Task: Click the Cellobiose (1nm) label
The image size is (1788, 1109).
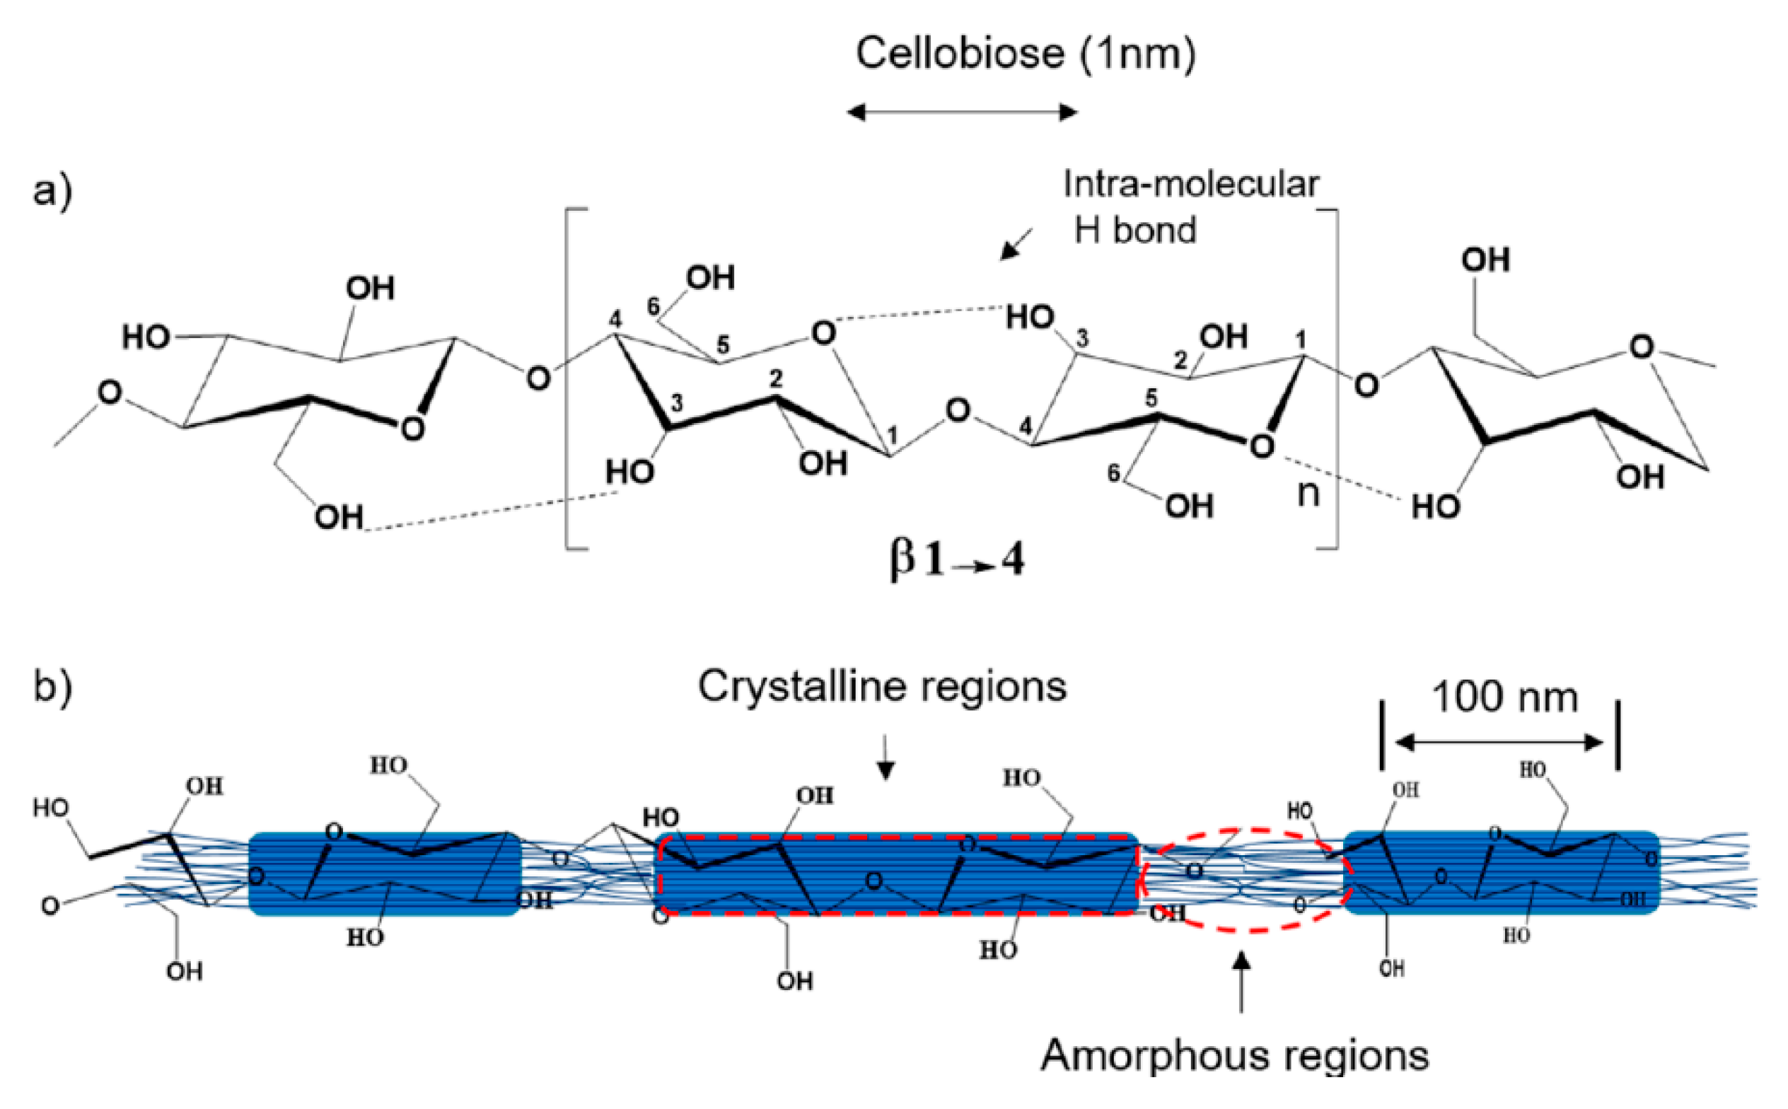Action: tap(1026, 54)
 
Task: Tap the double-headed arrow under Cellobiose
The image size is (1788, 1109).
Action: tap(961, 112)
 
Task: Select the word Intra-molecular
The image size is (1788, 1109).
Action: tap(1190, 184)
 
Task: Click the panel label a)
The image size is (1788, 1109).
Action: tap(52, 192)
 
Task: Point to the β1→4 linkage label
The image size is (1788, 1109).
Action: tap(956, 561)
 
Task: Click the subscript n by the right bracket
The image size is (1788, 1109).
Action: tap(1308, 494)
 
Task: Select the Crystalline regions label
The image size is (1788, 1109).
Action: tap(881, 687)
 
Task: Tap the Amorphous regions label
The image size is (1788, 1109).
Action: tap(1234, 1055)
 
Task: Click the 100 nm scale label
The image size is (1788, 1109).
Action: tap(1504, 697)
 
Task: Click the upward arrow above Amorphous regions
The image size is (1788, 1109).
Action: tap(1241, 982)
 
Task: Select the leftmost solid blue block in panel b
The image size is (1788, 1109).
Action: tap(384, 873)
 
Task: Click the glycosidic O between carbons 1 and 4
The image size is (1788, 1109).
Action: tap(957, 411)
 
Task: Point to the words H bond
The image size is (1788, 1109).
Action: tap(1134, 231)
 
